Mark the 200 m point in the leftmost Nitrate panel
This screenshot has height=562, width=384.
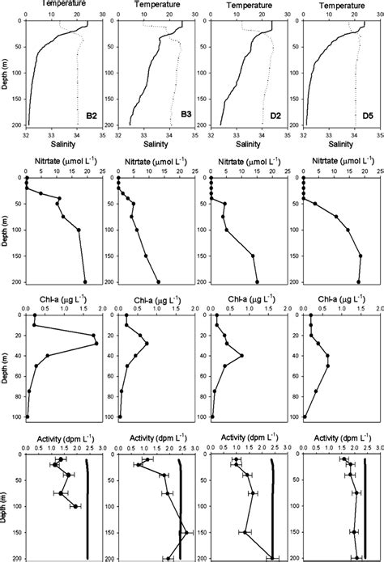pos(85,281)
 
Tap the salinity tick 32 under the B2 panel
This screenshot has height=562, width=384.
pos(27,136)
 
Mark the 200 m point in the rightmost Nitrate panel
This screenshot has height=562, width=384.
pos(358,281)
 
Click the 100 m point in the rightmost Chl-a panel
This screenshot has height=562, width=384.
pos(305,416)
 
